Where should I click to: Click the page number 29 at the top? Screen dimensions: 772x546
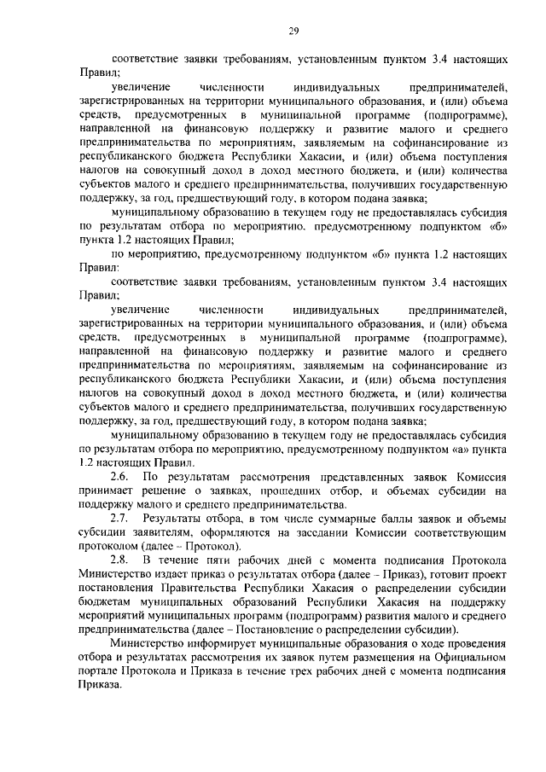[x=292, y=32]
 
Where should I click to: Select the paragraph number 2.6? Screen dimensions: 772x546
[x=119, y=477]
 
